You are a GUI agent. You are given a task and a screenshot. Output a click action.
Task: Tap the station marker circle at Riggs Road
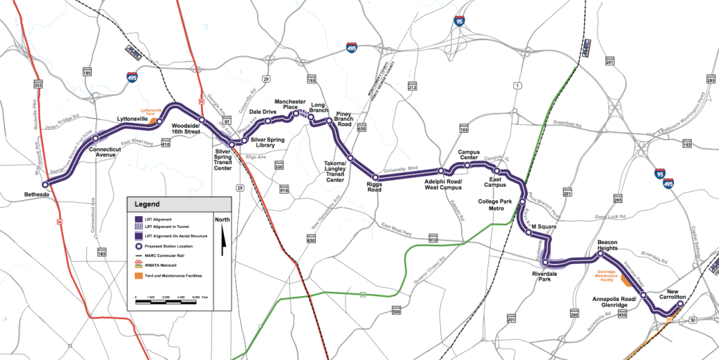(x=376, y=177)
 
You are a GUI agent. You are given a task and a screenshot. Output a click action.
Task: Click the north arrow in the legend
(x=223, y=238)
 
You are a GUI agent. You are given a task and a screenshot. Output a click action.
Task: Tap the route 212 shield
(x=412, y=87)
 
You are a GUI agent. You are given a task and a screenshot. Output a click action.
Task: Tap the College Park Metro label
(x=497, y=205)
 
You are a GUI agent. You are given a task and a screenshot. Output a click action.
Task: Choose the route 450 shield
(x=621, y=314)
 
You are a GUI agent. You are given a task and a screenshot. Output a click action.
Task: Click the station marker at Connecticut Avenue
(x=95, y=138)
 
